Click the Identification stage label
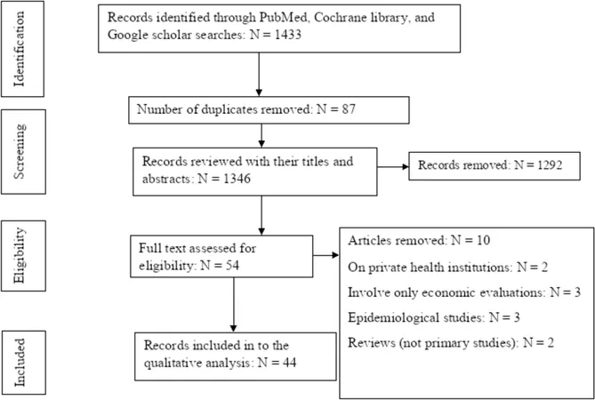pos(20,49)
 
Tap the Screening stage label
pos(20,151)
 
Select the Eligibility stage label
pos(20,255)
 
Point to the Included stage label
pos(20,363)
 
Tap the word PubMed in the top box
pos(282,18)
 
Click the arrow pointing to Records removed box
pos(393,166)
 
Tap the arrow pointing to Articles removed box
pos(326,255)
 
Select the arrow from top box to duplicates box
pos(259,75)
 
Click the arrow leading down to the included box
pos(233,305)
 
